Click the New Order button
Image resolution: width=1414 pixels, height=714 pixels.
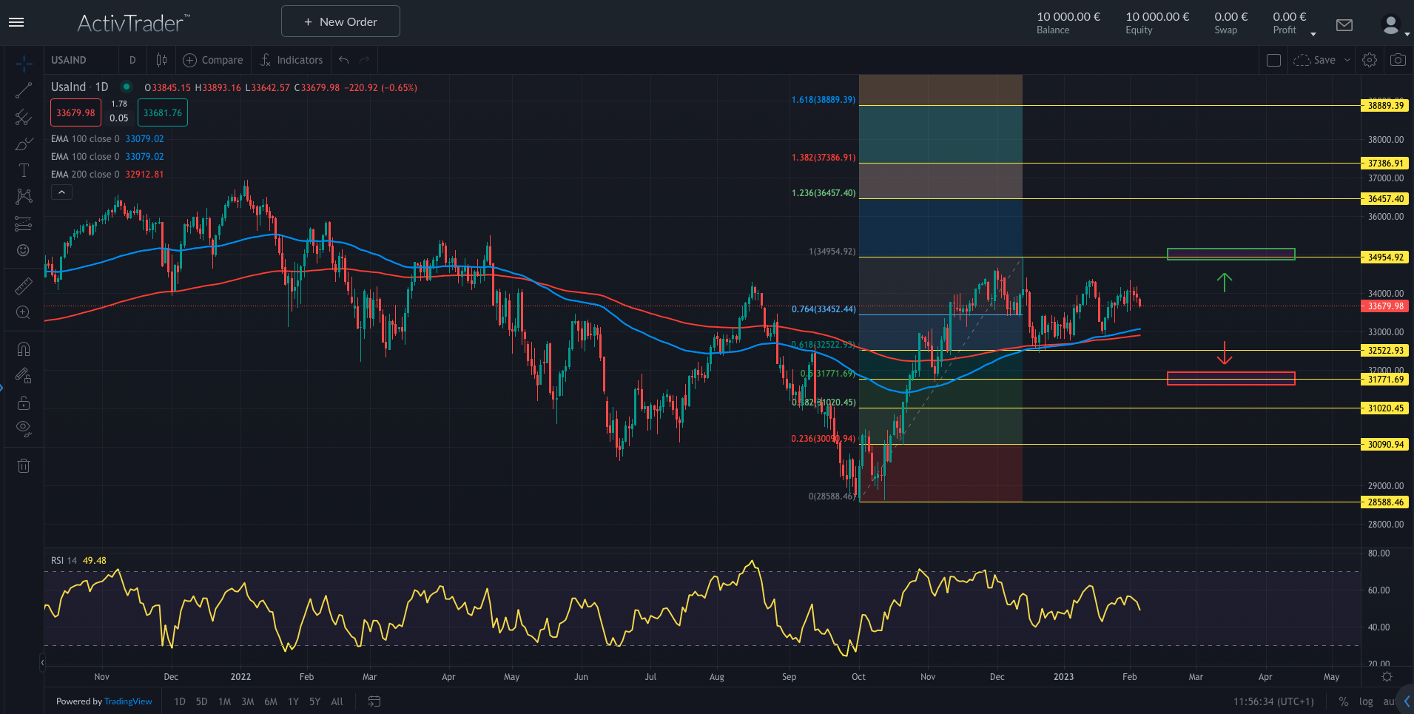(x=340, y=21)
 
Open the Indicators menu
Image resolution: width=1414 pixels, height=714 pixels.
(x=292, y=60)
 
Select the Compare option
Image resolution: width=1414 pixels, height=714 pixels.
(x=213, y=60)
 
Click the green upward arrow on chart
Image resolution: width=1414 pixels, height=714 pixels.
(x=1225, y=282)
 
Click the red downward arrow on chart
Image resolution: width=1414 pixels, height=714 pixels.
(x=1225, y=354)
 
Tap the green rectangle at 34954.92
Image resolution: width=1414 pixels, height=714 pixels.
(x=1230, y=254)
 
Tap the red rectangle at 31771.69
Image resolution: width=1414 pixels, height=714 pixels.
(x=1230, y=378)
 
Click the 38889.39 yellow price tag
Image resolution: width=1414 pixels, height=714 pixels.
(x=1385, y=106)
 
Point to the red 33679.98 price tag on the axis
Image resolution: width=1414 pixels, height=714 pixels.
(x=1385, y=306)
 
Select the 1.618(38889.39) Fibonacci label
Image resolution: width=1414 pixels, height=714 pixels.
(x=823, y=100)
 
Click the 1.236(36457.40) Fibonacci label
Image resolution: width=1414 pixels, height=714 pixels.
(x=823, y=193)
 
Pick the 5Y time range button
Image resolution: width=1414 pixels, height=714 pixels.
(x=314, y=701)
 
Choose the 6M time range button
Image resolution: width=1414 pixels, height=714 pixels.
(x=271, y=701)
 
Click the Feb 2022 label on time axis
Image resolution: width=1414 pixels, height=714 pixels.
(x=306, y=676)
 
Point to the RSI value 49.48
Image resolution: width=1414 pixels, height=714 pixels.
(x=94, y=560)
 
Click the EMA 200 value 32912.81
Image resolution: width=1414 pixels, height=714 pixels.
(x=144, y=175)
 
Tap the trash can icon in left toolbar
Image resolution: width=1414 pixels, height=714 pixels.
(x=24, y=465)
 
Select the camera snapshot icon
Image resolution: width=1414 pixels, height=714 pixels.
(x=1398, y=60)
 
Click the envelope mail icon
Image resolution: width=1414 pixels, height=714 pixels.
(x=1344, y=25)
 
